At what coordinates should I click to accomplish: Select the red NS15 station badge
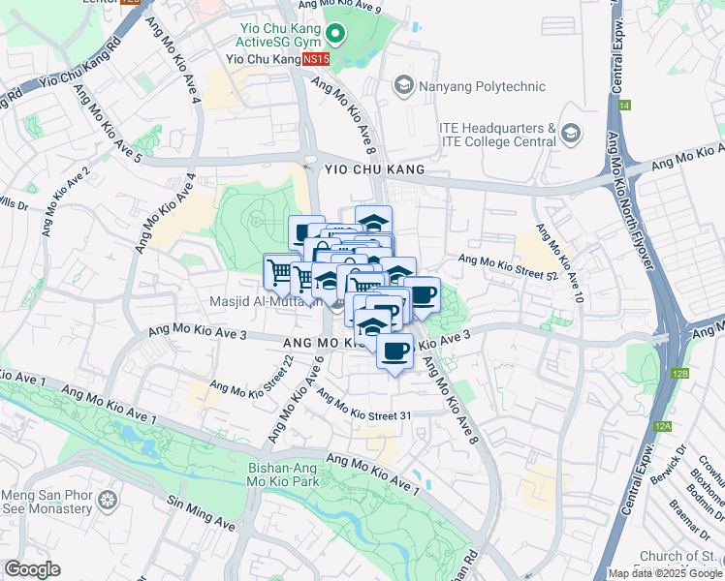(316, 59)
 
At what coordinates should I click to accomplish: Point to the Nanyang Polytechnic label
(482, 86)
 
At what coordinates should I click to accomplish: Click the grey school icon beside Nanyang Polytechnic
(403, 86)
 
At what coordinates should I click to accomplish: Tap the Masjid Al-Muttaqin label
(262, 301)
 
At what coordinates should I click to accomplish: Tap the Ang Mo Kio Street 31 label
(363, 409)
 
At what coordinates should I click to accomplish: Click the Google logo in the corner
(32, 569)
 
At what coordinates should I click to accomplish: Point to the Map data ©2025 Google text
(665, 573)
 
